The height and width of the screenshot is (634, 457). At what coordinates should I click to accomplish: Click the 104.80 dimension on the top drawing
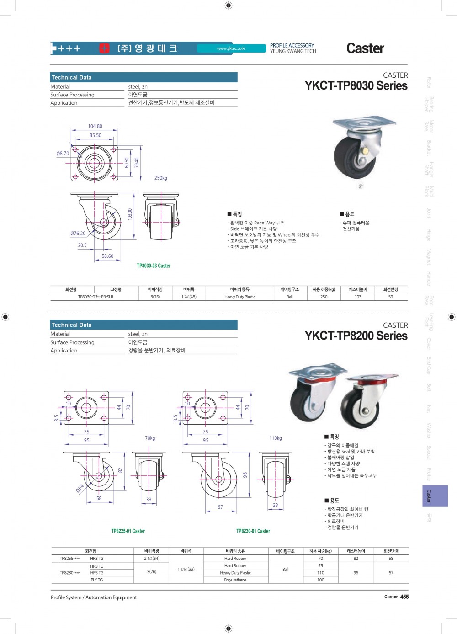pyautogui.click(x=95, y=126)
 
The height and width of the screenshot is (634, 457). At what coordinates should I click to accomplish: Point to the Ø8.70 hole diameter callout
pyautogui.click(x=63, y=154)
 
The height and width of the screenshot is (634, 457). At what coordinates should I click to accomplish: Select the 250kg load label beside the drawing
pyautogui.click(x=160, y=178)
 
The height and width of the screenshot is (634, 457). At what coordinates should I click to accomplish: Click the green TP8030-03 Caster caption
pyautogui.click(x=154, y=266)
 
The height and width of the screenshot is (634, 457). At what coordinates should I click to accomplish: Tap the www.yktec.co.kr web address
pyautogui.click(x=231, y=48)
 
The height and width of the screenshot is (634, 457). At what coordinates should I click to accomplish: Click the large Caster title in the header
pyautogui.click(x=365, y=48)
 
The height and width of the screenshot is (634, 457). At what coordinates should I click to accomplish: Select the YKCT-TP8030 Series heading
pyautogui.click(x=356, y=86)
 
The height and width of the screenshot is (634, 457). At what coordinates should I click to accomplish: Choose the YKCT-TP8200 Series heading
pyautogui.click(x=356, y=336)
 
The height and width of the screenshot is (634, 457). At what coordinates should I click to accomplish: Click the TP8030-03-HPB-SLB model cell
pyautogui.click(x=96, y=297)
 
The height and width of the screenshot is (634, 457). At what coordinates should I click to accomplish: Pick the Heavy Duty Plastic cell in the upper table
pyautogui.click(x=240, y=297)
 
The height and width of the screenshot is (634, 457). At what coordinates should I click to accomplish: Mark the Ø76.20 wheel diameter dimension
pyautogui.click(x=78, y=234)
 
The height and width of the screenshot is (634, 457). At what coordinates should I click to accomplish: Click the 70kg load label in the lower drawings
pyautogui.click(x=150, y=438)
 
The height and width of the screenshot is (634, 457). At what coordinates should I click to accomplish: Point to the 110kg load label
pyautogui.click(x=276, y=438)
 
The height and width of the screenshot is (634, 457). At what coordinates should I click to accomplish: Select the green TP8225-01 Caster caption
pyautogui.click(x=128, y=531)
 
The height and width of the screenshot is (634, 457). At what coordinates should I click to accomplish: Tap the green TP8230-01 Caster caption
pyautogui.click(x=253, y=531)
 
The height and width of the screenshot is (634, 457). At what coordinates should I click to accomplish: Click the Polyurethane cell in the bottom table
pyautogui.click(x=235, y=580)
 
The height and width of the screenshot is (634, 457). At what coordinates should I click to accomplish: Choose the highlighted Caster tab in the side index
pyautogui.click(x=429, y=496)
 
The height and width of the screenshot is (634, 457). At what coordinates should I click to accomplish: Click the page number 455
pyautogui.click(x=404, y=597)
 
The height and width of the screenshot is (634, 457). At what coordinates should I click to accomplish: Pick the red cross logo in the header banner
pyautogui.click(x=105, y=48)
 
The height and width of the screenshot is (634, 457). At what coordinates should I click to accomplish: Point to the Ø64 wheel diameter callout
pyautogui.click(x=80, y=489)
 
